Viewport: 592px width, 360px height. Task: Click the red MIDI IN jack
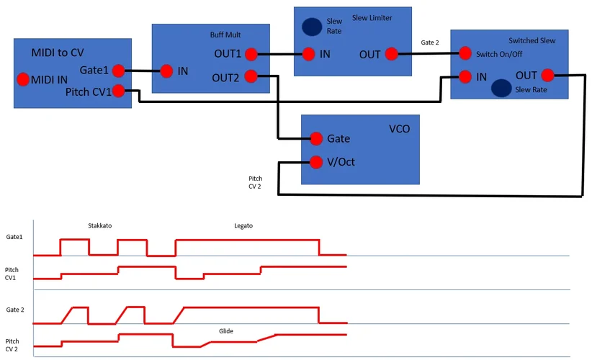[x=22, y=78]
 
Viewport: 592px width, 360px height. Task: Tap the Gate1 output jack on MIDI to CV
[x=118, y=70]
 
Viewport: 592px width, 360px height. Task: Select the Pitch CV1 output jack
[x=118, y=91]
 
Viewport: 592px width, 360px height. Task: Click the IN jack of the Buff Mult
[x=166, y=71]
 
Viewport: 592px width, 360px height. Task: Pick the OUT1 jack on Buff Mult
[x=251, y=54]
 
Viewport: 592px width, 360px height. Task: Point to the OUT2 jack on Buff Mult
[x=251, y=76]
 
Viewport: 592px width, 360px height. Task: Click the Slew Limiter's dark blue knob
[x=312, y=27]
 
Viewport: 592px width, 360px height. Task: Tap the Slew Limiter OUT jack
[x=391, y=53]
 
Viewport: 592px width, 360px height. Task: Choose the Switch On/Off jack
[x=465, y=53]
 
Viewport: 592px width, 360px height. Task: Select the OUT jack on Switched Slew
[x=547, y=75]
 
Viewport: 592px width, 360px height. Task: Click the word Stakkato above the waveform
[x=99, y=225]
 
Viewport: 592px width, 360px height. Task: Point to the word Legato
[x=243, y=225]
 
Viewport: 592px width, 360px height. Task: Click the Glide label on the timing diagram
[x=226, y=331]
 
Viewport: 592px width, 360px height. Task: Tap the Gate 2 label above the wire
[x=430, y=42]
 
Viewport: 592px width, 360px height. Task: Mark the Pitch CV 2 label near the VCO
[x=256, y=181]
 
